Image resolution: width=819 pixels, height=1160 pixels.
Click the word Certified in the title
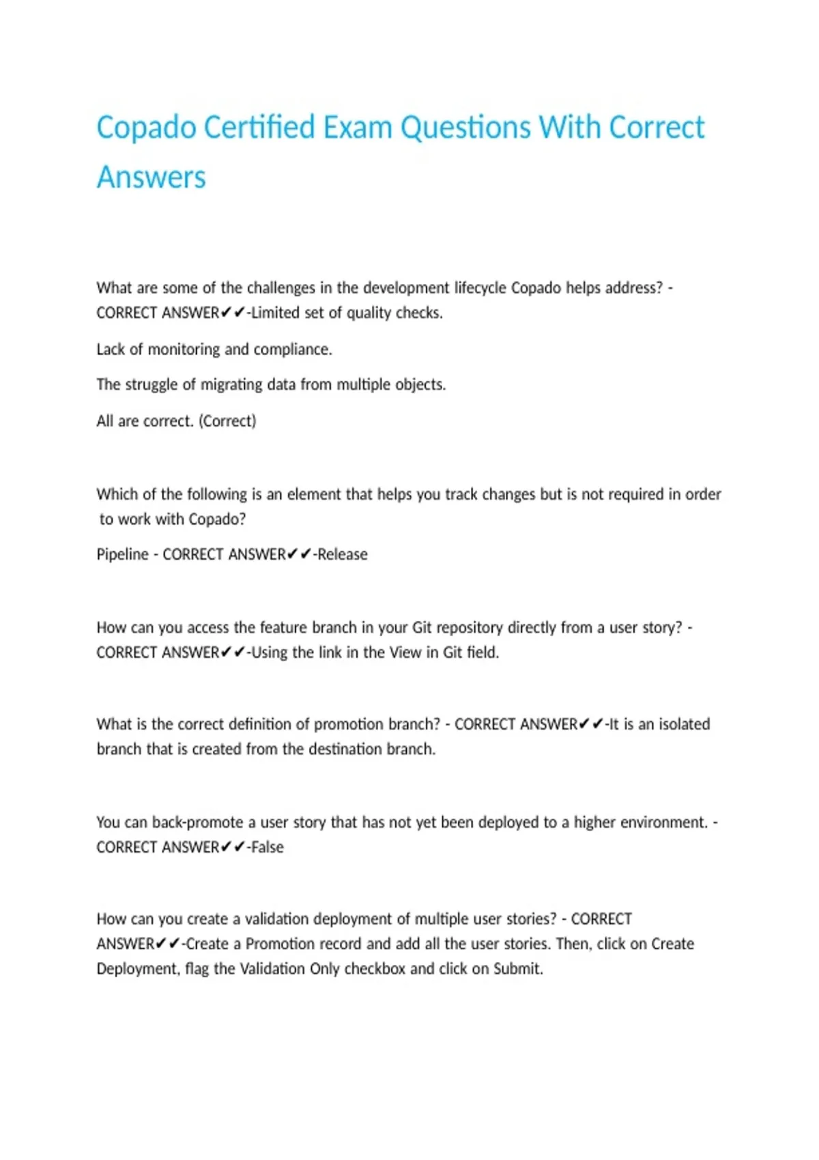pyautogui.click(x=259, y=128)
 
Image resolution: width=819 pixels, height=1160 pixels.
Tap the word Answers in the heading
pyautogui.click(x=151, y=177)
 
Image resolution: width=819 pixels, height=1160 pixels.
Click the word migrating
pyautogui.click(x=230, y=385)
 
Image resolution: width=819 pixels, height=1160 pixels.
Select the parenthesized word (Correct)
pyautogui.click(x=227, y=421)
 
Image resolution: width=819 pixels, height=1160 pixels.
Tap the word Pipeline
pyautogui.click(x=122, y=554)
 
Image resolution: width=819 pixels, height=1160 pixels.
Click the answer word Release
pyautogui.click(x=343, y=554)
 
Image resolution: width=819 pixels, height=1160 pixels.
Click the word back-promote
pyautogui.click(x=197, y=822)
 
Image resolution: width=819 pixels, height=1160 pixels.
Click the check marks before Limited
pyautogui.click(x=233, y=313)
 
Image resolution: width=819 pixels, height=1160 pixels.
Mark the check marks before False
pyautogui.click(x=233, y=847)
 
